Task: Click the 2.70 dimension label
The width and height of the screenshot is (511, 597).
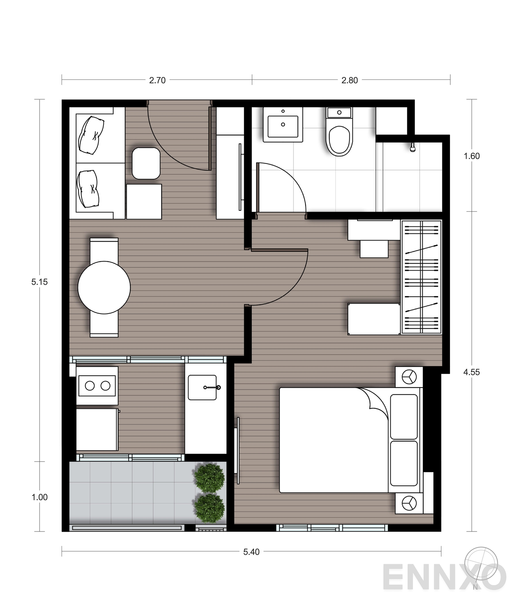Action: coord(157,80)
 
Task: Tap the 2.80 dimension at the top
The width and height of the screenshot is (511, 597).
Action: coord(349,80)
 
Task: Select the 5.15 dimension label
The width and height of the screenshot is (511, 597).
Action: coord(39,282)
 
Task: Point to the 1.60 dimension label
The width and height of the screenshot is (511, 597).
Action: coord(471,156)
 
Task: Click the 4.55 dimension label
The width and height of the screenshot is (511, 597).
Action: coord(471,372)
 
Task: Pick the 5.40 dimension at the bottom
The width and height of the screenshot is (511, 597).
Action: coord(251,552)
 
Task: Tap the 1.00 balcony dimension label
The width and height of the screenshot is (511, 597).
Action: coord(39,497)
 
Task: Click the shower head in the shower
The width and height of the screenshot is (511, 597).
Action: coord(413,147)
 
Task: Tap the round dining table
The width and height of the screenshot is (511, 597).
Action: coord(104,287)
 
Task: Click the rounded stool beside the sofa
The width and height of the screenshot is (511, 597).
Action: coord(146,163)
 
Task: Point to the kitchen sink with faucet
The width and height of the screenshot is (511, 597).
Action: coord(202,387)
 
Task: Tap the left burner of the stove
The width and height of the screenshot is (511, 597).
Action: coord(90,386)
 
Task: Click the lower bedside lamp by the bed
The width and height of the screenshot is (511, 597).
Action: coord(409,503)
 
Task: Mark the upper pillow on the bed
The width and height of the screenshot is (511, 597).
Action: coord(404,417)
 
